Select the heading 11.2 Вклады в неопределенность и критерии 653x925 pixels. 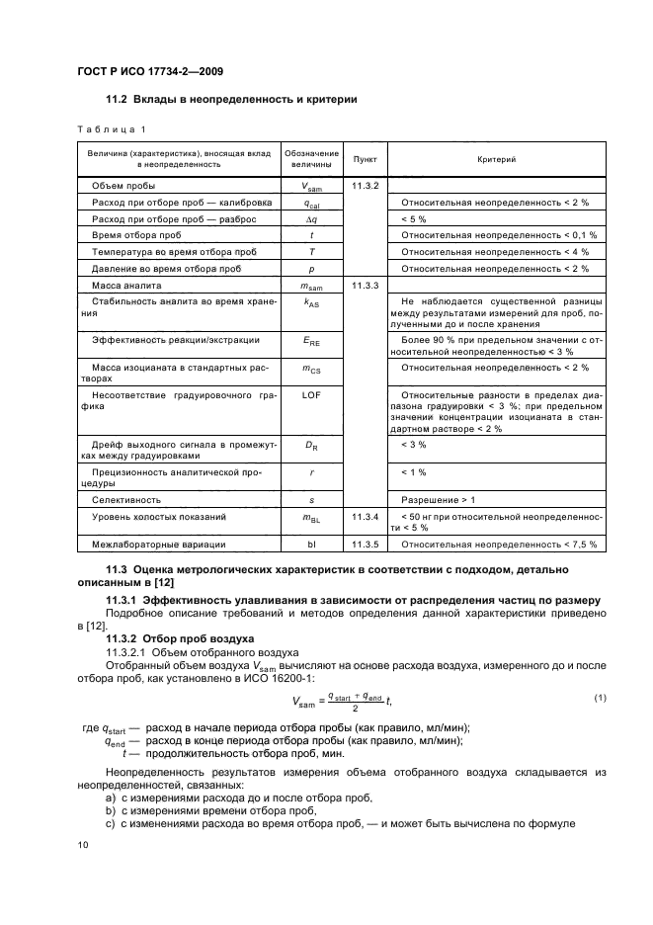click(x=231, y=99)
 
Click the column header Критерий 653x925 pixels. click(x=496, y=158)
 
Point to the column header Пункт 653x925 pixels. click(x=364, y=158)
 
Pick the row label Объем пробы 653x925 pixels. click(x=123, y=185)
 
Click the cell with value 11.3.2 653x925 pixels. click(x=365, y=185)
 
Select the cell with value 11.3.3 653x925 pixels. click(x=365, y=285)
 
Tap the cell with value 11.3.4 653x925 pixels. click(x=365, y=517)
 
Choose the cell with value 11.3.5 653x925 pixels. click(x=365, y=545)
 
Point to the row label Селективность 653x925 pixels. click(x=126, y=500)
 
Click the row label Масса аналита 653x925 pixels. click(x=128, y=285)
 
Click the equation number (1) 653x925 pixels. click(x=600, y=699)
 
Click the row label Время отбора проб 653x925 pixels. click(x=136, y=235)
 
